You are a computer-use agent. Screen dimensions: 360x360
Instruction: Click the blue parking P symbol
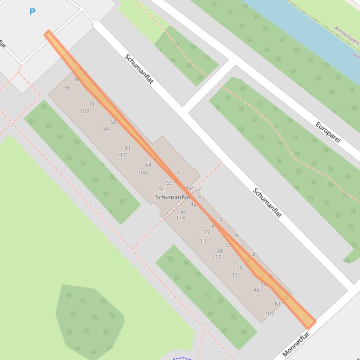32,12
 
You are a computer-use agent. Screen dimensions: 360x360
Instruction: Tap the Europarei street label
328,132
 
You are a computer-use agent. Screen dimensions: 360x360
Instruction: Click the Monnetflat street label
296,345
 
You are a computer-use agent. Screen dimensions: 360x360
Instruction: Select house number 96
67,88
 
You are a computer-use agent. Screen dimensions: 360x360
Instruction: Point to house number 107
85,111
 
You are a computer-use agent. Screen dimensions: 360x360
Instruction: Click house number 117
122,155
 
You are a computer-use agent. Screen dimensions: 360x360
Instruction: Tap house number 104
142,173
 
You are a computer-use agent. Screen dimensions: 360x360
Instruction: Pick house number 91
162,190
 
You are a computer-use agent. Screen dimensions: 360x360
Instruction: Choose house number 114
180,218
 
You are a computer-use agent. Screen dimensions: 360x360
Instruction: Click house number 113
201,241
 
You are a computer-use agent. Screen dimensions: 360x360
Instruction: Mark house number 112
216,257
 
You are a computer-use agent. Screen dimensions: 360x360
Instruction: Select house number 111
233,275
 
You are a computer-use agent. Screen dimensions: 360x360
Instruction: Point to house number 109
269,314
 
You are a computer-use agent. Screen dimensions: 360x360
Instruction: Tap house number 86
257,291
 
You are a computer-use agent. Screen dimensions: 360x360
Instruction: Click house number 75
240,268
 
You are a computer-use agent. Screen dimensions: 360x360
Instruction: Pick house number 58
113,122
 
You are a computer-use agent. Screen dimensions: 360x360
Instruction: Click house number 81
127,148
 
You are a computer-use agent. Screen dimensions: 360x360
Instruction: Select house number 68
148,165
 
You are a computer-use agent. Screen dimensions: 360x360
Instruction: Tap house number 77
207,232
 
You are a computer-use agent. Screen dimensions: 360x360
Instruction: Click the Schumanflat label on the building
172,197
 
